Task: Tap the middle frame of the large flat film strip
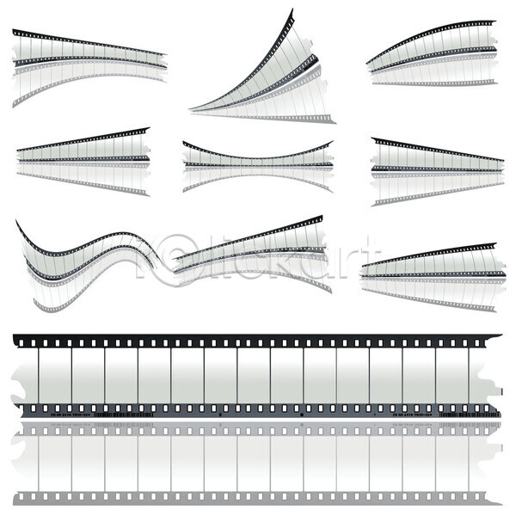pos(254,374)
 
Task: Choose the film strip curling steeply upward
pos(267,77)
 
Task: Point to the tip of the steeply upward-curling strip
pos(290,14)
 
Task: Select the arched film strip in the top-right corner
pos(430,56)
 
